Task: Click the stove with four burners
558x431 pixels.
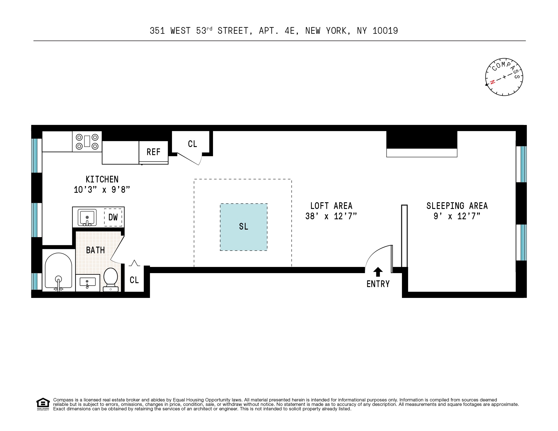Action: click(87, 141)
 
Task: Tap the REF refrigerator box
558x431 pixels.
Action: click(154, 152)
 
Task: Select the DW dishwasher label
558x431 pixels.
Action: click(113, 217)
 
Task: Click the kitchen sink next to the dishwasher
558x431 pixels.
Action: click(87, 217)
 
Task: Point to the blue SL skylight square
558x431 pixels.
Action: click(244, 227)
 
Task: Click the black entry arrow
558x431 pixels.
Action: click(378, 272)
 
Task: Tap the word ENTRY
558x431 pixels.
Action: click(378, 284)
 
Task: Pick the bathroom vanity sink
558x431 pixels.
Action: click(87, 282)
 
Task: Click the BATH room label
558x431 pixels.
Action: click(95, 250)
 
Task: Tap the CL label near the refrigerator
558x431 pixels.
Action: click(192, 144)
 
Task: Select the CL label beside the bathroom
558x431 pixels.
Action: click(134, 280)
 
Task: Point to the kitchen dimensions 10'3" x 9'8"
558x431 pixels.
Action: click(102, 190)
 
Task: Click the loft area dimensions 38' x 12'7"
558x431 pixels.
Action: click(331, 216)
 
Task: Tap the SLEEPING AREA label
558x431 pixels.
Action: click(457, 206)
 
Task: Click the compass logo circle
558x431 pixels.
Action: click(504, 77)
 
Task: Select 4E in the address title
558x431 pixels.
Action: click(290, 31)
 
